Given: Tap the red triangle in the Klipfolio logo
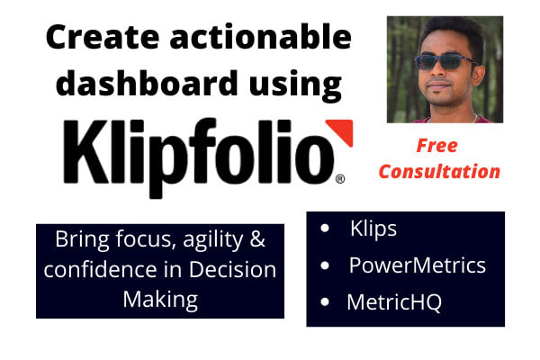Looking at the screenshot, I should tap(339, 132).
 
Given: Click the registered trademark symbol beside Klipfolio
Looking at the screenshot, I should tap(340, 180).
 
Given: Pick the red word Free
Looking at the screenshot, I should tap(436, 146).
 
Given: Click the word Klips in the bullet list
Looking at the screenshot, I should tap(373, 229).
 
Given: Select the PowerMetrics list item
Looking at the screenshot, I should tap(417, 265).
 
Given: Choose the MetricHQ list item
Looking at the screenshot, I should tap(394, 302).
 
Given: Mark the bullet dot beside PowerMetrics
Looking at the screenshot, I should tap(324, 266).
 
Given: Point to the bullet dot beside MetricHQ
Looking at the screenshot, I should tap(324, 303).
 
